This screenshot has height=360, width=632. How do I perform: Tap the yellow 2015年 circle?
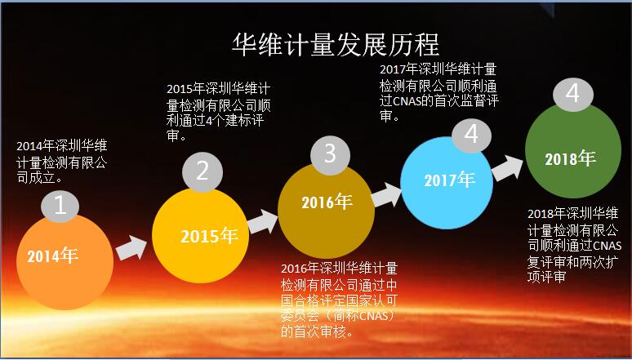point(200,238)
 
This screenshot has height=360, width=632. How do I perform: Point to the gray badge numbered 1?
point(60,204)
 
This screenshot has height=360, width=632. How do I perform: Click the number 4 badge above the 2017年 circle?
point(471,133)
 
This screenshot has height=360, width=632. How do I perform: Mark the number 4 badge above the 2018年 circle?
point(573,93)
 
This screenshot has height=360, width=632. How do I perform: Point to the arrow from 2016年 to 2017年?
point(387,194)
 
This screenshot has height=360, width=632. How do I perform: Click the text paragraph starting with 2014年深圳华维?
point(62,161)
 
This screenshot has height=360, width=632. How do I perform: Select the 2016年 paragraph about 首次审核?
point(338,299)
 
